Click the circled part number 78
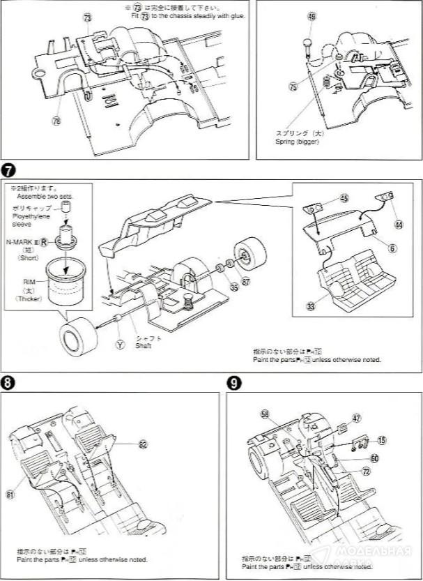click(56, 120)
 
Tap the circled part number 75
click(293, 87)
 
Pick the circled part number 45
click(344, 198)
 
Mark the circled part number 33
click(310, 305)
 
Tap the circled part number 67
click(246, 281)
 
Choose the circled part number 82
click(143, 444)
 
